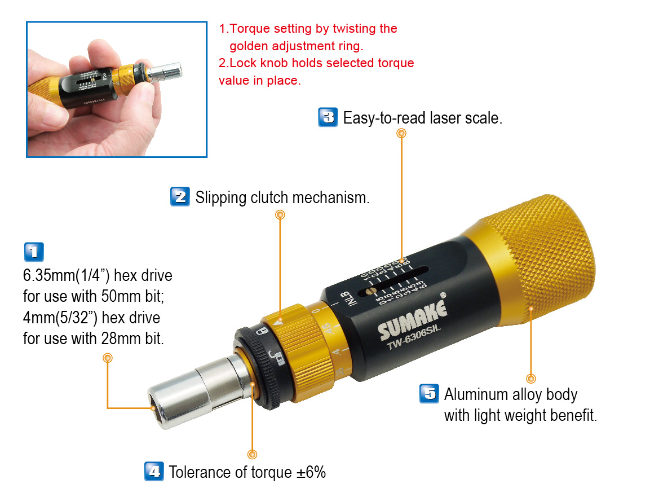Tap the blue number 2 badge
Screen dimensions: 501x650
tap(179, 197)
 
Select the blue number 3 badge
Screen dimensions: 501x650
tap(328, 117)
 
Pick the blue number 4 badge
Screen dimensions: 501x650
tap(153, 471)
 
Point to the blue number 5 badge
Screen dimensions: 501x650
tap(429, 393)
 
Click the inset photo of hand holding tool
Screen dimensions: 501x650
tap(117, 89)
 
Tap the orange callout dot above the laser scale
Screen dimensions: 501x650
tap(401, 133)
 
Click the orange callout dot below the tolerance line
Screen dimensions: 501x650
tap(253, 454)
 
